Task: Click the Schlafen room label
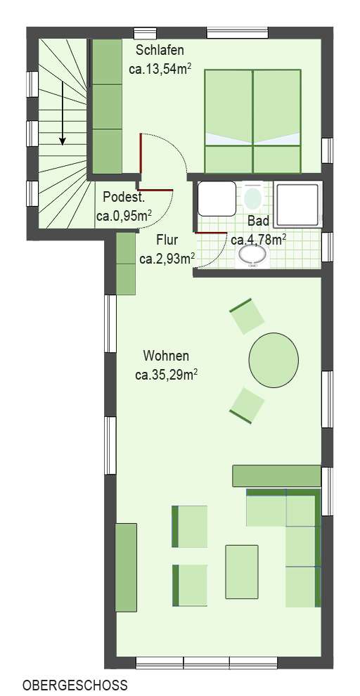pos(160,50)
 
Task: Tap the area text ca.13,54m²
pos(161,69)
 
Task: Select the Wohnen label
pos(165,355)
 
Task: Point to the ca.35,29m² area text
pos(166,375)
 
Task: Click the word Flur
pos(167,239)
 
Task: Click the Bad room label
pos(258,221)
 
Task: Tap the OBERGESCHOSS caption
pos(75,684)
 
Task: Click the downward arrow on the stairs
pos(63,112)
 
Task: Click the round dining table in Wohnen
pos(273,360)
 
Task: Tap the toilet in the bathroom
pos(252,196)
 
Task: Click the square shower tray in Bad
pos(297,200)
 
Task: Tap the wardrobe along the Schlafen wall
pos(108,106)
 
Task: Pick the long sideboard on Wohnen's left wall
pos(126,567)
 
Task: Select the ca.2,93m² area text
pos(167,259)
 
